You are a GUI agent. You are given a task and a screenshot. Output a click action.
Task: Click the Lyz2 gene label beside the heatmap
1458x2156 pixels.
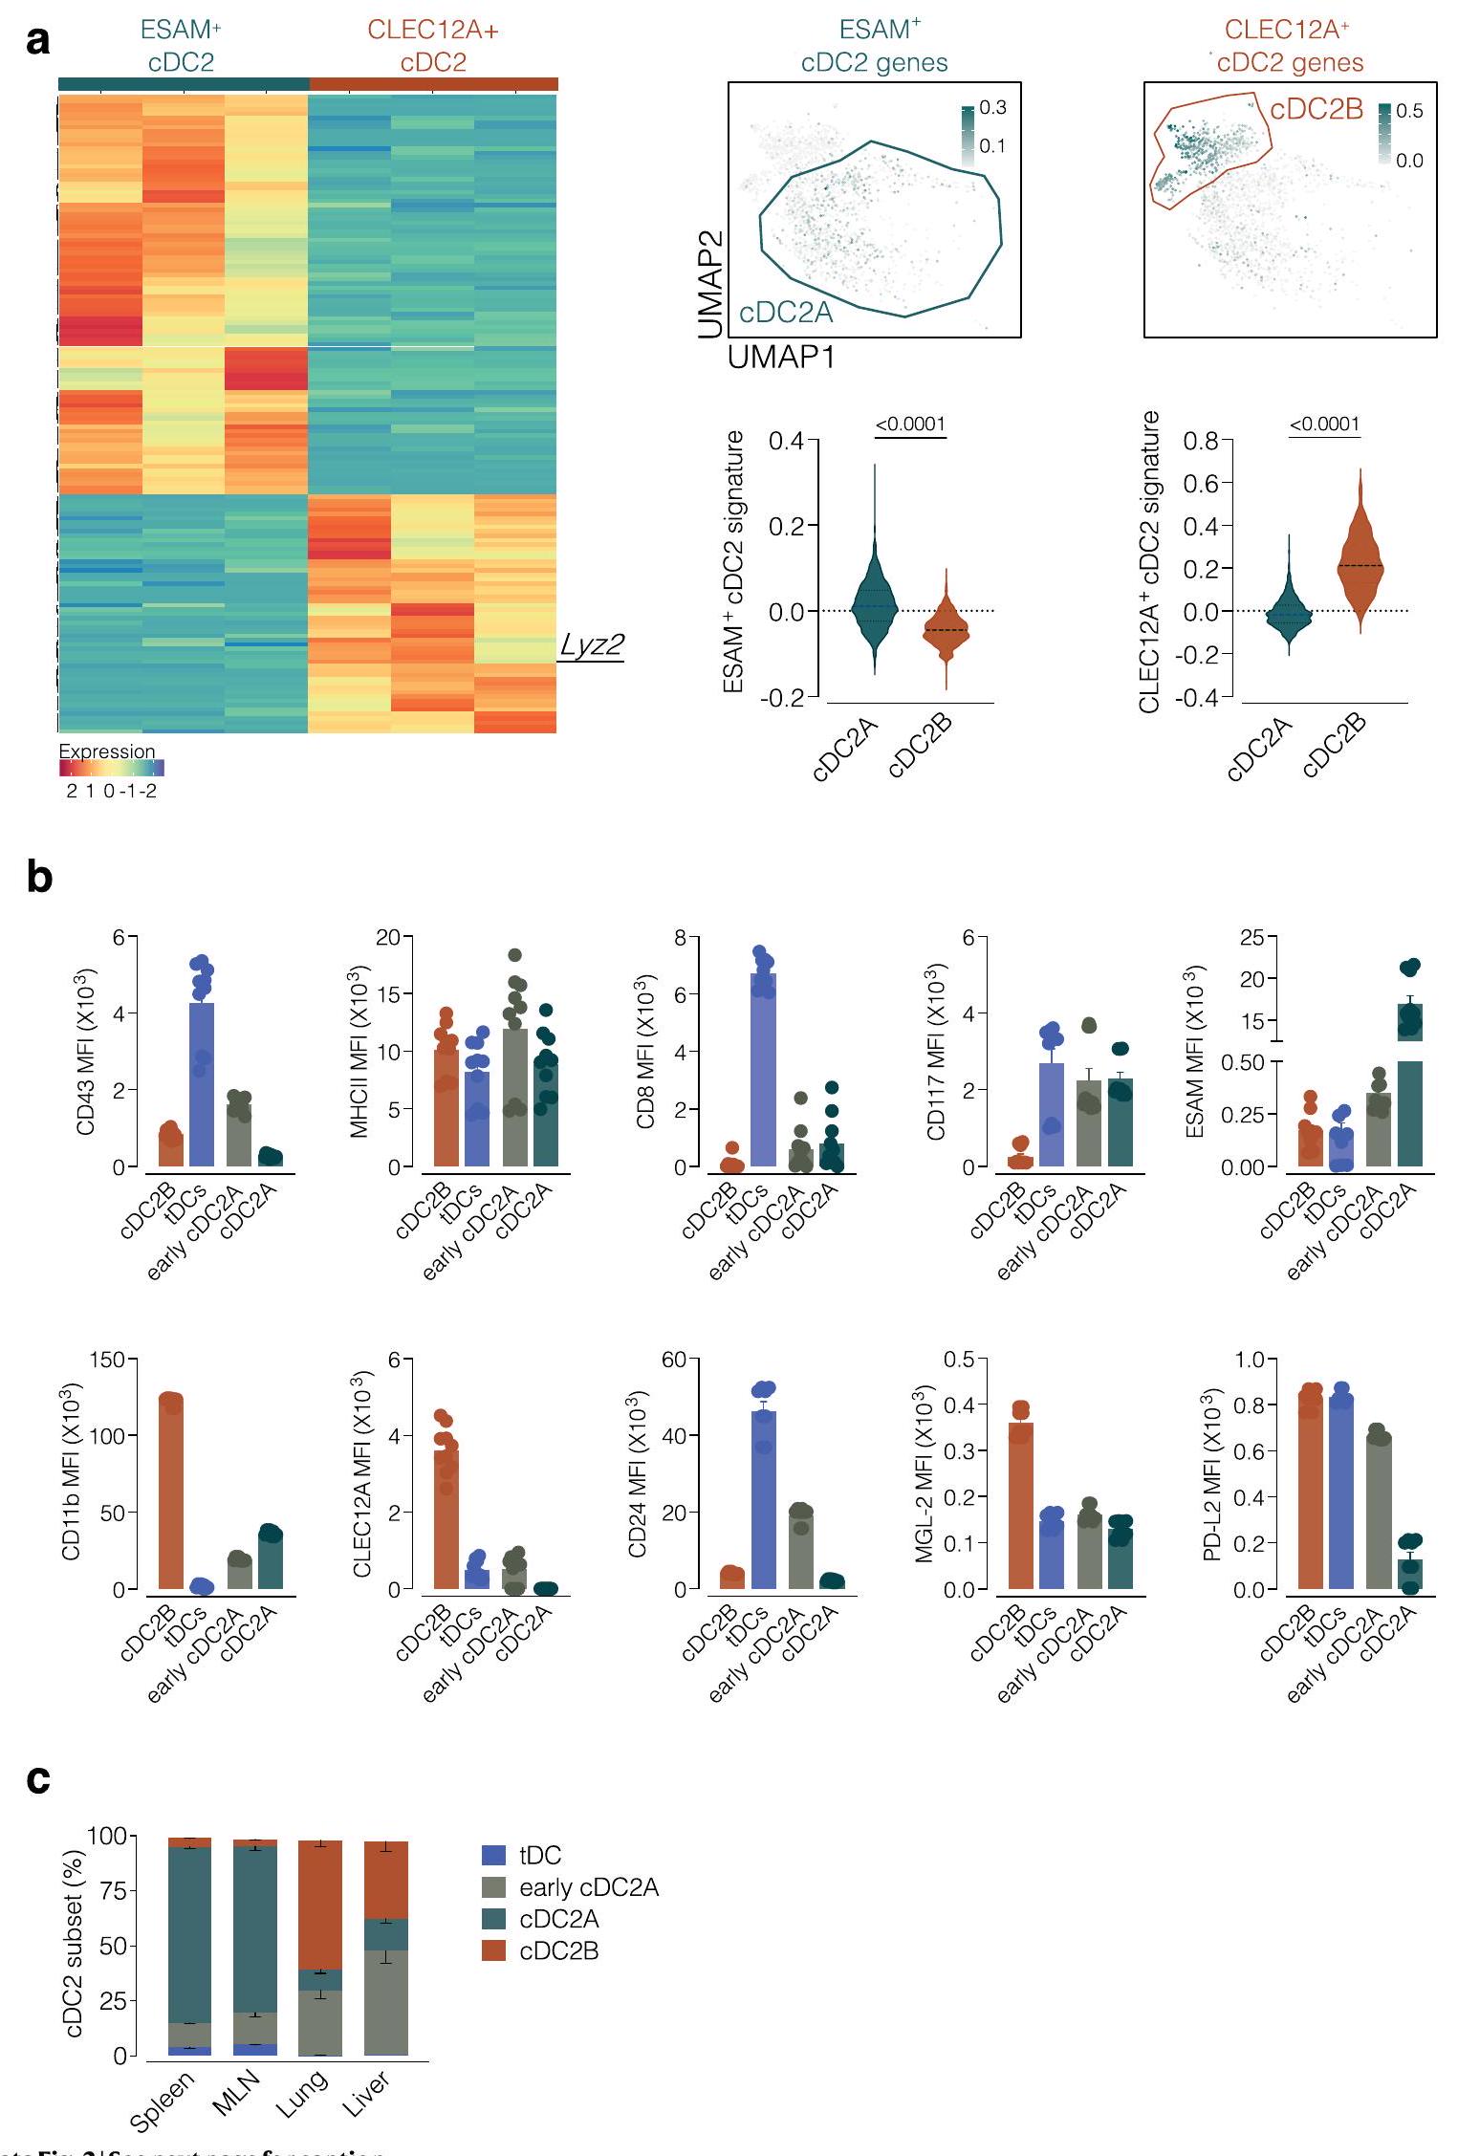592,645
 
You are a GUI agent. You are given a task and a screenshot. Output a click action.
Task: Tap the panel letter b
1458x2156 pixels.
39,878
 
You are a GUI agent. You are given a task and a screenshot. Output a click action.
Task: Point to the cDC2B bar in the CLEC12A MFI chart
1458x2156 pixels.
446,1519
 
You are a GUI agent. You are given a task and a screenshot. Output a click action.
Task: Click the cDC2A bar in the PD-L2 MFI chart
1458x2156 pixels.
1410,1574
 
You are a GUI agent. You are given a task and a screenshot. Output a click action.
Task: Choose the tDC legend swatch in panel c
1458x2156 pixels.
493,1856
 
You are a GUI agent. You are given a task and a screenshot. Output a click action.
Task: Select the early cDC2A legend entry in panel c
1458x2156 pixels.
588,1887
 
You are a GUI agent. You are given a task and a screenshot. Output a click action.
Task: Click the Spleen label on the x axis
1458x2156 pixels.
163,2101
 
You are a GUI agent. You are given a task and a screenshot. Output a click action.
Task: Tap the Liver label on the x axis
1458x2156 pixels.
369,2096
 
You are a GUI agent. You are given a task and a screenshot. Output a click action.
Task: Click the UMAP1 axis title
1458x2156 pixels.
781,358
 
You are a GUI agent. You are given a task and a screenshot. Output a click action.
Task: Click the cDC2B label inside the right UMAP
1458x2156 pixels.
1317,110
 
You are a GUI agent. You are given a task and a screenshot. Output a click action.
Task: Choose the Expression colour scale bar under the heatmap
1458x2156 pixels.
112,768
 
